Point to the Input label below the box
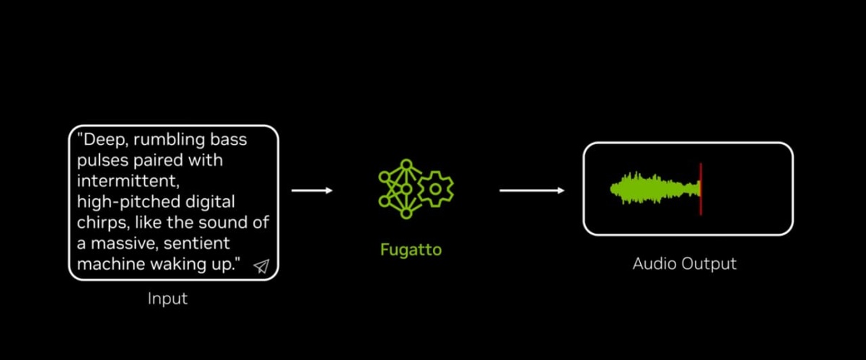pos(167,299)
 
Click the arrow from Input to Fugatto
pos(312,190)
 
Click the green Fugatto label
pos(411,250)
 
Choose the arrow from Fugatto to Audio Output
pos(532,190)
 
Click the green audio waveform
pos(653,188)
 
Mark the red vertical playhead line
pos(700,189)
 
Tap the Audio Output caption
pos(684,263)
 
